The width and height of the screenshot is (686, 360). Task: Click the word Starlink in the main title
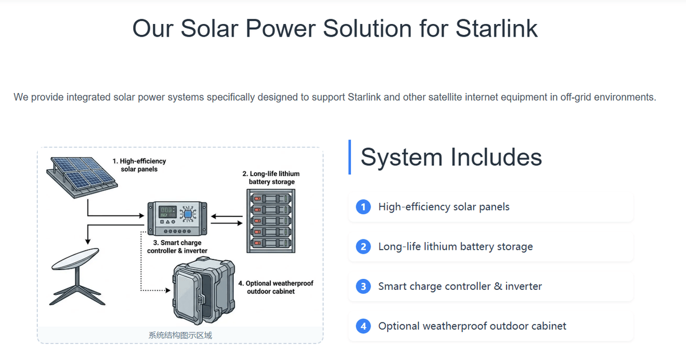click(x=496, y=29)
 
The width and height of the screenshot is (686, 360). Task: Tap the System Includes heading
click(x=451, y=157)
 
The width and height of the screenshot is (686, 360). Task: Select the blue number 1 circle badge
click(x=363, y=207)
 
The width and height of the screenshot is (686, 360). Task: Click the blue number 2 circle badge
click(x=363, y=247)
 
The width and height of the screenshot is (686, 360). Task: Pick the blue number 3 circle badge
click(x=363, y=286)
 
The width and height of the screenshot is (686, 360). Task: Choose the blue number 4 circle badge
click(x=363, y=326)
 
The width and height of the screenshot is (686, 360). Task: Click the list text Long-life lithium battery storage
click(x=455, y=247)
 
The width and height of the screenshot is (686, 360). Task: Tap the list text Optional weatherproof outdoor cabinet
click(x=472, y=326)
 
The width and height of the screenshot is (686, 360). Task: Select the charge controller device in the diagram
click(x=177, y=217)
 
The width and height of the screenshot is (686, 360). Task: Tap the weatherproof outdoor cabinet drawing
click(x=202, y=289)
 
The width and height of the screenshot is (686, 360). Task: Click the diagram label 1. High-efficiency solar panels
click(x=139, y=165)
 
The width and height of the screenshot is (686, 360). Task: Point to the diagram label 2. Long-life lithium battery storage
click(x=271, y=178)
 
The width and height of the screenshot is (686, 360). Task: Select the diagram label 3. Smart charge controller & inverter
click(x=177, y=247)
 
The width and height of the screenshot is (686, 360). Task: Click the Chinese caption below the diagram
click(x=180, y=335)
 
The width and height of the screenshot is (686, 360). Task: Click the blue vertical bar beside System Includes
click(x=349, y=157)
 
